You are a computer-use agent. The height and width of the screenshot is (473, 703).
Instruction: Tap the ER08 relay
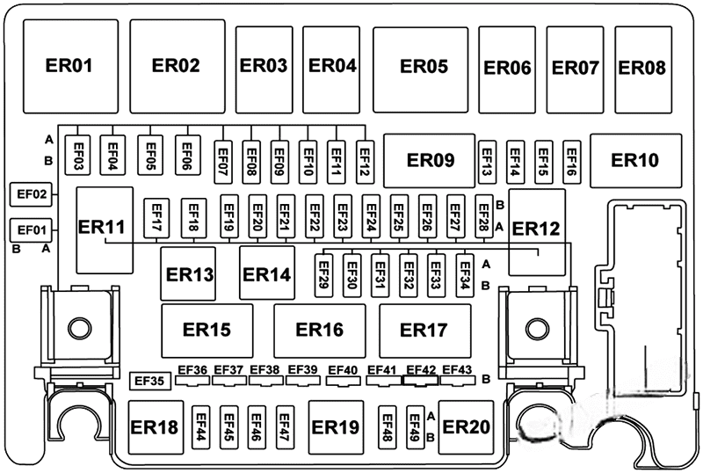coord(641,67)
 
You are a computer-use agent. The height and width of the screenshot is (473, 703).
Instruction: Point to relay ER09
coord(431,160)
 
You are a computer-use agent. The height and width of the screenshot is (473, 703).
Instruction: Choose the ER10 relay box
coord(635,160)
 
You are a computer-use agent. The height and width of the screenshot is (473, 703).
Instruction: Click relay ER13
coord(187,274)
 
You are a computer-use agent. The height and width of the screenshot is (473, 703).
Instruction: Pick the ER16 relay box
coord(319,330)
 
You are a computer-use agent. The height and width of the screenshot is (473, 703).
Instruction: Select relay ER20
coord(465,426)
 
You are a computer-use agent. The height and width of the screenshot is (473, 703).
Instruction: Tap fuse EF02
coord(32,193)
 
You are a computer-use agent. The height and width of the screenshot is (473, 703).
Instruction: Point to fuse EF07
coord(222,159)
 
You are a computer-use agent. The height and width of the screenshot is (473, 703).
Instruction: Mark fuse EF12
coord(364,159)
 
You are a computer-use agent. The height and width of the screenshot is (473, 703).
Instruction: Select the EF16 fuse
coord(571,159)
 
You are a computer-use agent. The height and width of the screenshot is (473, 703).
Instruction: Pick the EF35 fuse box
coord(148,382)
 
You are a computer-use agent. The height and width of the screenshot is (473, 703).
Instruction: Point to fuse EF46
coord(257,427)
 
